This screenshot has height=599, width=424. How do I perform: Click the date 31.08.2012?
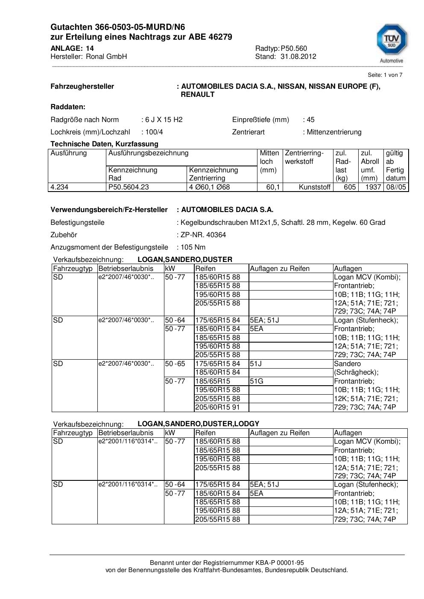tap(298, 56)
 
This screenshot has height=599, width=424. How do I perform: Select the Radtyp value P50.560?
tap(294, 48)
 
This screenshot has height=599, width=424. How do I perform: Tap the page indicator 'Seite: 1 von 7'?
tap(385, 75)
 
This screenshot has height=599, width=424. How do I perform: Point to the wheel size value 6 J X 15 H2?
tap(164, 119)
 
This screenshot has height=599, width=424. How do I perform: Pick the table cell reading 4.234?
tap(60, 187)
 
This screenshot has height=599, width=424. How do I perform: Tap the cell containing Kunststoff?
tap(315, 187)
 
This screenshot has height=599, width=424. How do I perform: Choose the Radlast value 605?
tap(350, 187)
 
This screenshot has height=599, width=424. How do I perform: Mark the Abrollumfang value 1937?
tap(373, 187)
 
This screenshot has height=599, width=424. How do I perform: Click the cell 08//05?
tap(396, 187)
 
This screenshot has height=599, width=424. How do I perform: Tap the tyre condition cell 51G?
tap(257, 381)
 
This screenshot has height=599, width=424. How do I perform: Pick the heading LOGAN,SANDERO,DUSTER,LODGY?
tap(198, 424)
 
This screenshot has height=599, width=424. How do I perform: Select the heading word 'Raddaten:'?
tap(68, 107)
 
